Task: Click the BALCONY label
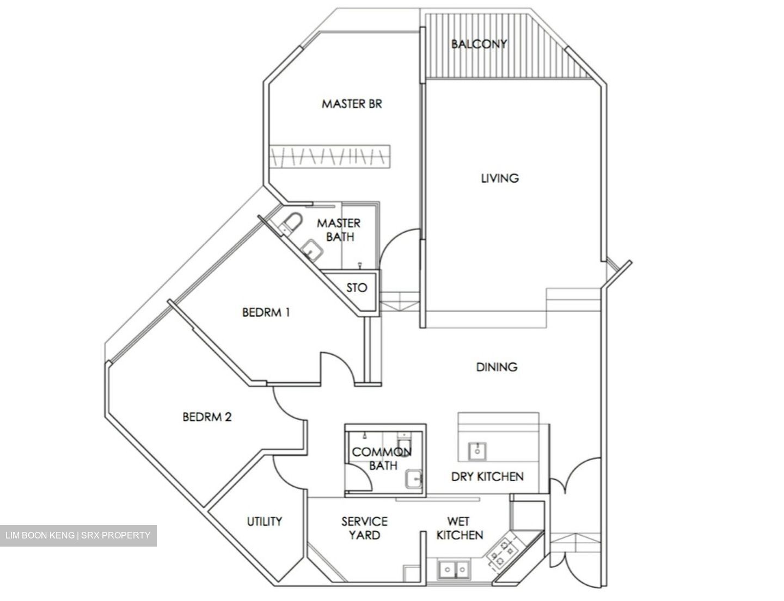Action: coord(479,44)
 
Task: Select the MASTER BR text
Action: coord(352,103)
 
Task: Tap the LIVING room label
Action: coord(499,178)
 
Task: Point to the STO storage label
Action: coord(357,288)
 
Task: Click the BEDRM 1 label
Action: coord(266,312)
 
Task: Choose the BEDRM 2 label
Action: coord(207,417)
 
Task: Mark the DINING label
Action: coord(497,367)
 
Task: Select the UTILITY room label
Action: coord(265,522)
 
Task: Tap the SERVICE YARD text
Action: coord(364,528)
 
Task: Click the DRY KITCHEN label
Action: coord(487,477)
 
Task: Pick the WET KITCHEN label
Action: coord(460,528)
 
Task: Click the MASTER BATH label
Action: coord(339,230)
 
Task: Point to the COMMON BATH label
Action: coord(381,459)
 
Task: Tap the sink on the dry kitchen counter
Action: coord(477,450)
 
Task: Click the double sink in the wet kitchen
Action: coord(455,569)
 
